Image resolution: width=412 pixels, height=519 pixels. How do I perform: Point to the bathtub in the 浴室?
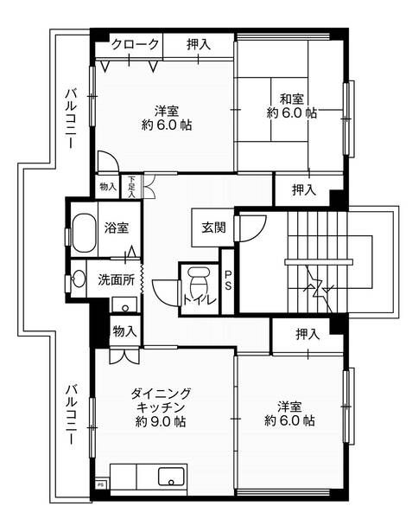point(82,232)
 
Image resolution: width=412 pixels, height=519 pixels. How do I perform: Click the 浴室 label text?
point(117,229)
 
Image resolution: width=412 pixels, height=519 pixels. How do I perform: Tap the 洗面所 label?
point(114,279)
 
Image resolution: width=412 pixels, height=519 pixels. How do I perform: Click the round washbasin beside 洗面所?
point(79,279)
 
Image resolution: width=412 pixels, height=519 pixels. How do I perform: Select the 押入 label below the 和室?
point(303,190)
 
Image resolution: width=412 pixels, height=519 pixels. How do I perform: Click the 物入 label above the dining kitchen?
point(124,330)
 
